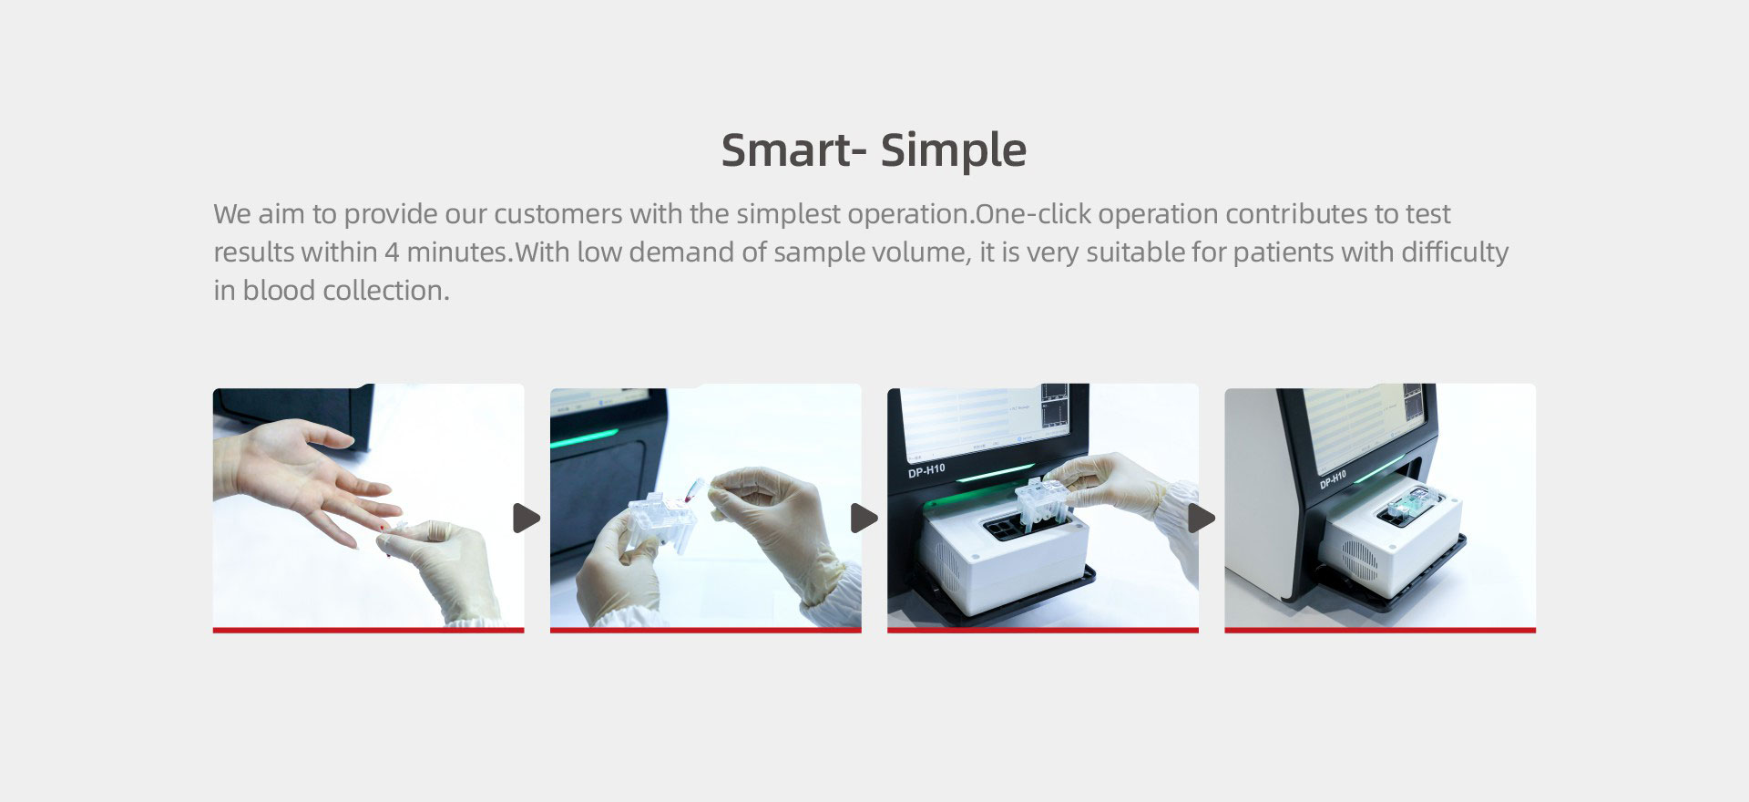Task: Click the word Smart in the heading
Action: coord(784,150)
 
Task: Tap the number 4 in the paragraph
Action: coord(392,252)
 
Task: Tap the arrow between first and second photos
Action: coord(527,519)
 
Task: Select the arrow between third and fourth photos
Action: coord(1202,519)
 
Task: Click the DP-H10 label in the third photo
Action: coord(926,470)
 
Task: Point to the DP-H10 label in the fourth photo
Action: coord(1333,479)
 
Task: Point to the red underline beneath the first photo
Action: coord(368,630)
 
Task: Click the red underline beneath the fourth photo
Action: coord(1380,630)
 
